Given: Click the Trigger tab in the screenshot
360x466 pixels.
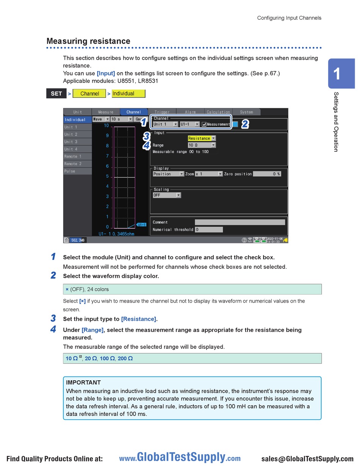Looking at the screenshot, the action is (x=162, y=112).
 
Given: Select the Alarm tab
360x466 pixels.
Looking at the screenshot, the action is (x=190, y=112).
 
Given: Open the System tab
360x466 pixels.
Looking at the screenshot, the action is (x=246, y=112).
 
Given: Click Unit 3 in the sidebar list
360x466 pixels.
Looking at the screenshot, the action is (x=77, y=142).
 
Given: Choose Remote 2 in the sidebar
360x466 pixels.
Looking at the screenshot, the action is (x=77, y=164).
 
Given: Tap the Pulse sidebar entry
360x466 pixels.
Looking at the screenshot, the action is (x=77, y=171).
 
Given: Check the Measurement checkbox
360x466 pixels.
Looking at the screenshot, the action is (x=204, y=124).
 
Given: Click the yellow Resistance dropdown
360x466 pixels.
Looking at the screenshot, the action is (x=202, y=138).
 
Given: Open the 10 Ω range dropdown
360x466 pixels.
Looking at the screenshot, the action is (x=202, y=145).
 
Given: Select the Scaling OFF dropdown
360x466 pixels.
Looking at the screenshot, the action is (x=167, y=195).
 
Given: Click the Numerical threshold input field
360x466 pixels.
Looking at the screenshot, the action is (x=209, y=229).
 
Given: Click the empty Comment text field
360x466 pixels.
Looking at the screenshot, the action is (x=239, y=222).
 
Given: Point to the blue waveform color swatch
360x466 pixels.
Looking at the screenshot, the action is (x=235, y=124).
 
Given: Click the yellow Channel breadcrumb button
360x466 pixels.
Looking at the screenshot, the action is (x=89, y=94).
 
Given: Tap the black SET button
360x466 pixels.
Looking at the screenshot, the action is (x=56, y=94).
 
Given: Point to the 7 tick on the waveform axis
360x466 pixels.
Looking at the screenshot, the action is (x=107, y=156).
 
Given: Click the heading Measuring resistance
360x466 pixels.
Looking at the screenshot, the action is (x=88, y=41).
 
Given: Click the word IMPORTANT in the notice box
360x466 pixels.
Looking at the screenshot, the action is (x=83, y=383).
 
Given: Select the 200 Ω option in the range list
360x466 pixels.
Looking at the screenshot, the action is (x=125, y=358).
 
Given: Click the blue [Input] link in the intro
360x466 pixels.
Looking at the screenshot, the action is (x=106, y=73).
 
